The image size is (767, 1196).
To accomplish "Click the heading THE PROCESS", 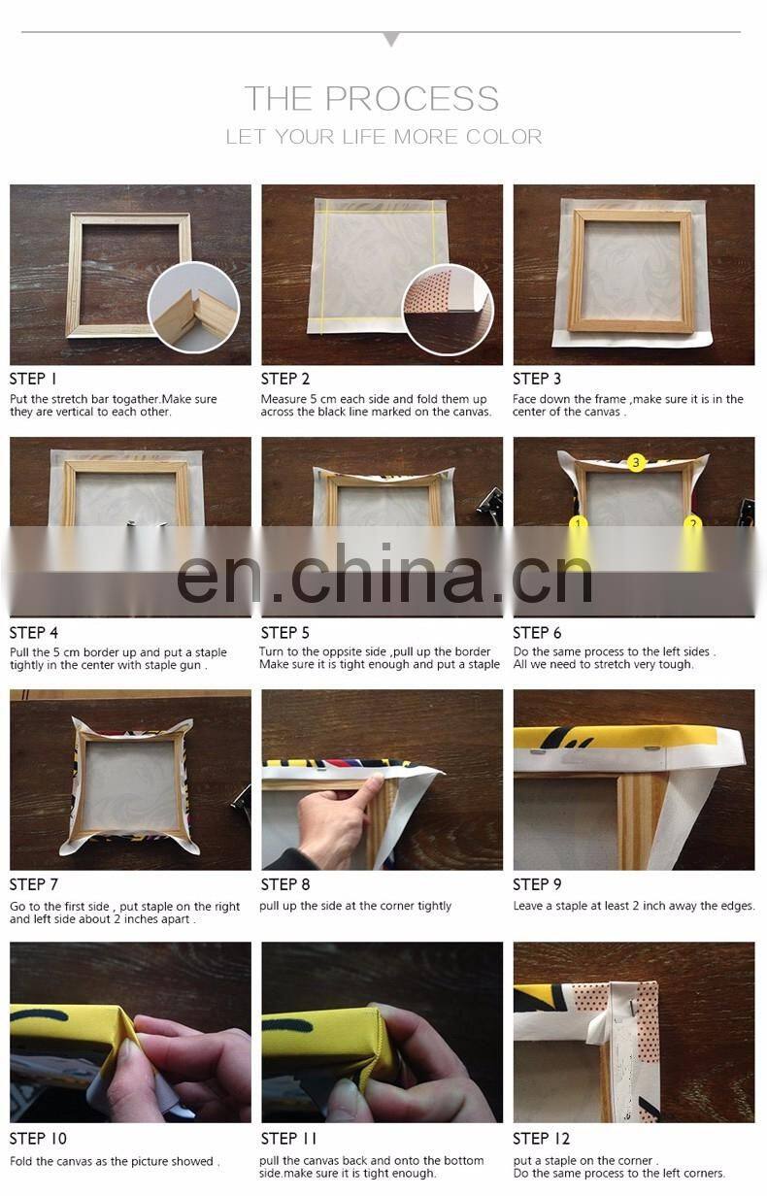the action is pos(372,98).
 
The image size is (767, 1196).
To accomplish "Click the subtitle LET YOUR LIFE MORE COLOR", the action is pos(383,137).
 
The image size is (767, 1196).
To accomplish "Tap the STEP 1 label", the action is pos(33,379).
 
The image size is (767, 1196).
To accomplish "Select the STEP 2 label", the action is pos(285,379).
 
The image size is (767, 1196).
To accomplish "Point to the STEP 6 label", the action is pos(537,633).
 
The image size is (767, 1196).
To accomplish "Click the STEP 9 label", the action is pos(537,884).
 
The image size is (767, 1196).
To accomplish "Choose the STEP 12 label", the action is pos(541,1139).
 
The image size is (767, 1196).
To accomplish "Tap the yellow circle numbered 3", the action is pos(636,462).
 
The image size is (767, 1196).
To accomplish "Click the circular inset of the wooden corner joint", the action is pos(193,308).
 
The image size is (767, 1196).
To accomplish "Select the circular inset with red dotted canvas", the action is pos(448,310).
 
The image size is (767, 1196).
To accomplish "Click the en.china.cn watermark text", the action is pos(384,574).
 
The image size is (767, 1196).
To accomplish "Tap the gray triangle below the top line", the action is pos(391,39).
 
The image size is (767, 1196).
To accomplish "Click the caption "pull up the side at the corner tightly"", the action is pos(355,906).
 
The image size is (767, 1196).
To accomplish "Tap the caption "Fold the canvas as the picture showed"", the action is pos(115,1161).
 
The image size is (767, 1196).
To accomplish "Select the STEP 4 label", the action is pos(33,633).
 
